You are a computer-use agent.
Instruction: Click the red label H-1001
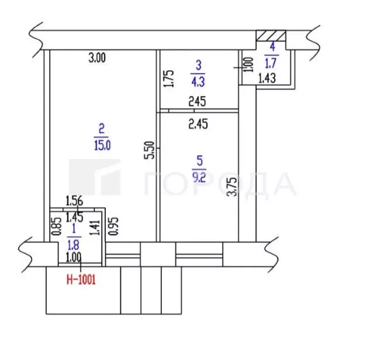(81, 279)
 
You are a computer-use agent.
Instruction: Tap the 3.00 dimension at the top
(97, 58)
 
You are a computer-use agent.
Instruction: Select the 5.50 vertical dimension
(150, 150)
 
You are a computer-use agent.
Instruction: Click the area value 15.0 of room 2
(102, 146)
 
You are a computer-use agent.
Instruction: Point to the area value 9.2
(199, 177)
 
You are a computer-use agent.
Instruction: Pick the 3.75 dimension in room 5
(233, 187)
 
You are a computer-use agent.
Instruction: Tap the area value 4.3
(198, 82)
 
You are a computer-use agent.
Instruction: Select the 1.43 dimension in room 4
(267, 78)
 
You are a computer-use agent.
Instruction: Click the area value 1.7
(271, 63)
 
